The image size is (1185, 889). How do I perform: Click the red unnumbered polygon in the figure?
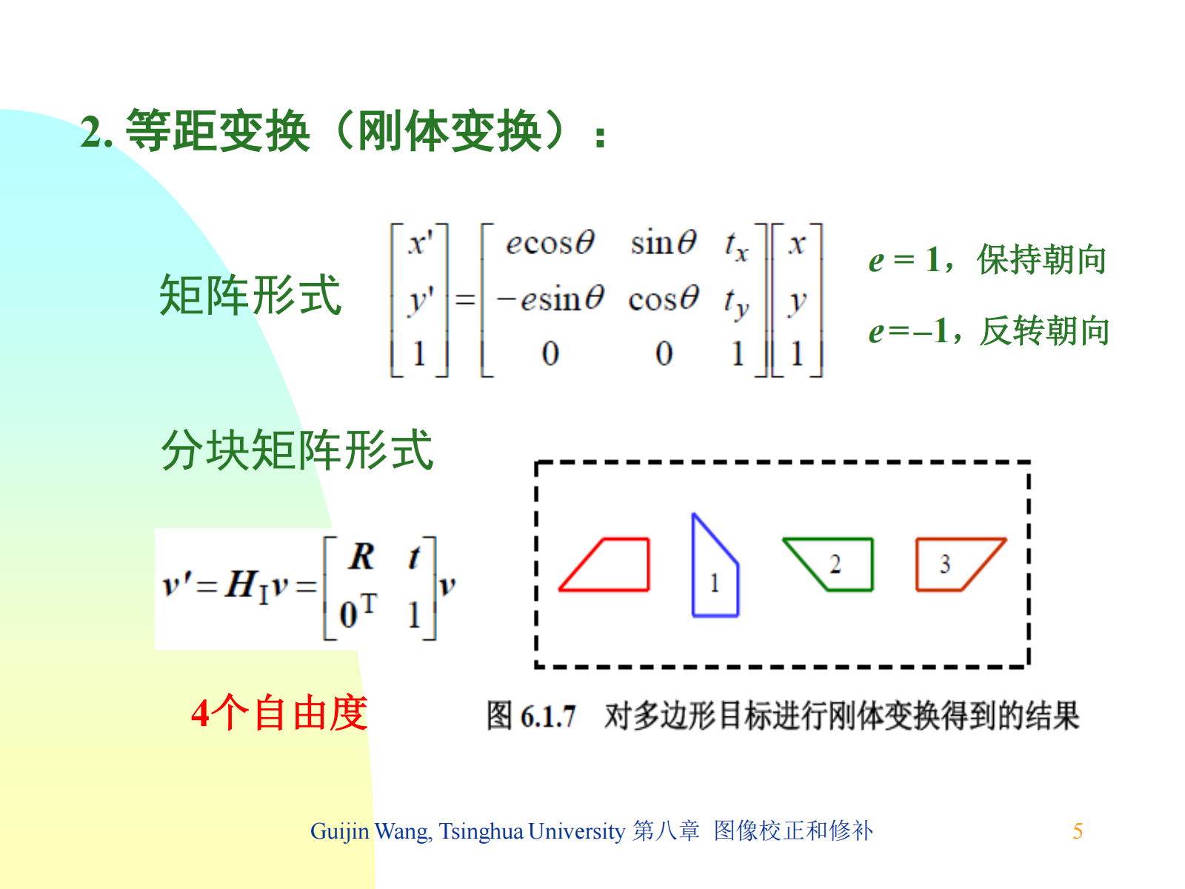click(648, 565)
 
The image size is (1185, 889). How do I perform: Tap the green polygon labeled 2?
click(871, 565)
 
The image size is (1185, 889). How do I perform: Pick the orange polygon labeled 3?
click(917, 565)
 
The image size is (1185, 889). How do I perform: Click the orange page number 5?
click(1077, 831)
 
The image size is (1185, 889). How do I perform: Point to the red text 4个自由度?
click(279, 713)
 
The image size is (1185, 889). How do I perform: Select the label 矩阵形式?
click(250, 295)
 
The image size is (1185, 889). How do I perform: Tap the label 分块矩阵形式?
click(297, 450)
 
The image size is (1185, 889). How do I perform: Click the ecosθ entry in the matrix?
click(550, 242)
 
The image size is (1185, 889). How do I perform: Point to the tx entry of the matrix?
click(736, 246)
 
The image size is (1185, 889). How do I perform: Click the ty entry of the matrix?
click(736, 302)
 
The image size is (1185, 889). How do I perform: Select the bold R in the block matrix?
click(361, 556)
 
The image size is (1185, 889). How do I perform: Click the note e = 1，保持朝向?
click(987, 259)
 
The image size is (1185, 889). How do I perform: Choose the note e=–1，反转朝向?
click(989, 330)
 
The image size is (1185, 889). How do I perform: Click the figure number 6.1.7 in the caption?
click(548, 717)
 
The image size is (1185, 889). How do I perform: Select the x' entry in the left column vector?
click(420, 243)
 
